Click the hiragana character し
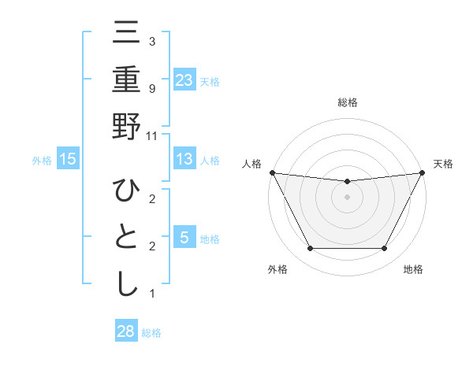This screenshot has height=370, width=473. click(127, 283)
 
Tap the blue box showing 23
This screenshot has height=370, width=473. click(184, 80)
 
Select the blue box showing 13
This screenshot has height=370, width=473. click(184, 159)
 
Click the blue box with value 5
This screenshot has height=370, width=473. click(184, 238)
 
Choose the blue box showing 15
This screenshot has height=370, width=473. click(68, 159)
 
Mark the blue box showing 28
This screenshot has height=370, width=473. click(126, 331)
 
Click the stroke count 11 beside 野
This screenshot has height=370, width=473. click(152, 135)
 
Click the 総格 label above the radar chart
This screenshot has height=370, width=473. click(347, 102)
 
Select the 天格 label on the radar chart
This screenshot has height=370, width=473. click(443, 164)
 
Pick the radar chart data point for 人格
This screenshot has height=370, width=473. click(273, 172)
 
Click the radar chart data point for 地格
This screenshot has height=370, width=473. click(385, 249)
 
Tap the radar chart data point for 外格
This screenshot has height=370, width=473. click(310, 249)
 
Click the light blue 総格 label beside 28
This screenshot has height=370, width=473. click(151, 332)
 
